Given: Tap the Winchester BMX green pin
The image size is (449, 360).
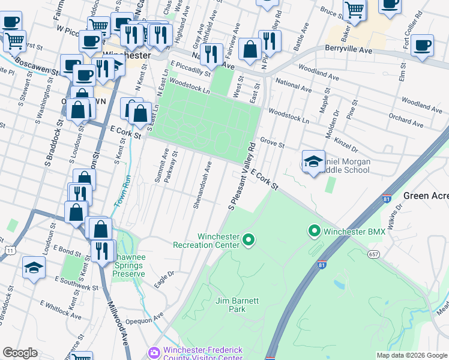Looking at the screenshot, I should coord(313,231).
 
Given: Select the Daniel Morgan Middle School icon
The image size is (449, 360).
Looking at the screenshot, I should coord(313,162).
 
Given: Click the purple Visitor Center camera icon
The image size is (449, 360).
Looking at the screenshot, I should coord(154,352).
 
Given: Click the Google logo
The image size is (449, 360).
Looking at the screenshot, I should coord(20,353).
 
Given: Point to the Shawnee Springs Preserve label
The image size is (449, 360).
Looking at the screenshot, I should coord(129,265).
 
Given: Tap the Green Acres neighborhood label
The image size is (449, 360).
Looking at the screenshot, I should coord(426,196).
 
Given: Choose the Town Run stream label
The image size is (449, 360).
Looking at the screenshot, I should coord(122,190).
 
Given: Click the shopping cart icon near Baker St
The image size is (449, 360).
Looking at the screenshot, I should coord(354,10).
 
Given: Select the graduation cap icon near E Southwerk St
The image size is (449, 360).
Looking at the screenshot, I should coord(34,268).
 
